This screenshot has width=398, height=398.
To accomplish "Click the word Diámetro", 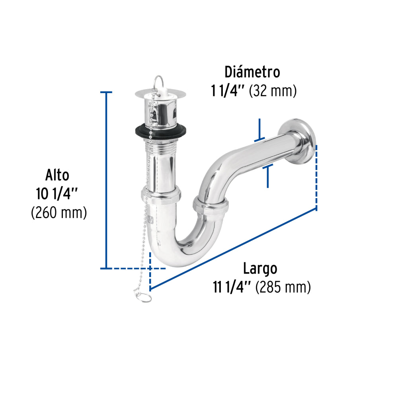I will pos(252,72).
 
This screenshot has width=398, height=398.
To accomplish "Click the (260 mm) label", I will pos(59,213).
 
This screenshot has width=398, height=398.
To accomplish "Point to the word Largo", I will pos(260,269).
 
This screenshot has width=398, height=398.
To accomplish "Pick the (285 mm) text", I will pos(283,287).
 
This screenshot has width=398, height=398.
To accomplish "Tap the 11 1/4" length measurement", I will pos(232,287).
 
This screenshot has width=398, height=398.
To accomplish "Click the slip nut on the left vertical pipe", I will pos(161,195).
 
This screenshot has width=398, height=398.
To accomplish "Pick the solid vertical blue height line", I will pos(106,179).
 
